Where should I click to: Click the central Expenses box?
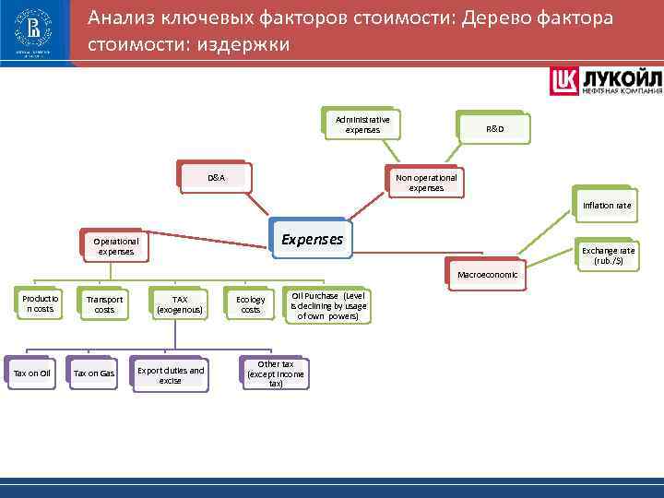click(311, 240)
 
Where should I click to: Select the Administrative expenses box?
click(362, 125)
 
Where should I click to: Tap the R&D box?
click(495, 129)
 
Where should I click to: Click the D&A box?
click(215, 177)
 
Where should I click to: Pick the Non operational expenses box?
click(425, 182)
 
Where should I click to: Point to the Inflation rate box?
click(606, 205)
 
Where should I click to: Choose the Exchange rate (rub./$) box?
click(607, 255)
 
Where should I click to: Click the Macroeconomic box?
click(487, 275)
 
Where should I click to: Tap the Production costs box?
click(39, 304)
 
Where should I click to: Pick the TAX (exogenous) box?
click(180, 305)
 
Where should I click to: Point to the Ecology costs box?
click(250, 305)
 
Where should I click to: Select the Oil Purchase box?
click(328, 305)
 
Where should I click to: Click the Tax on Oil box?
click(31, 373)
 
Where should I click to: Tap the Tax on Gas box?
click(94, 373)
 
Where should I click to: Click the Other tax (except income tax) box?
click(276, 373)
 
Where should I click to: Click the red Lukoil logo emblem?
click(564, 81)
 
